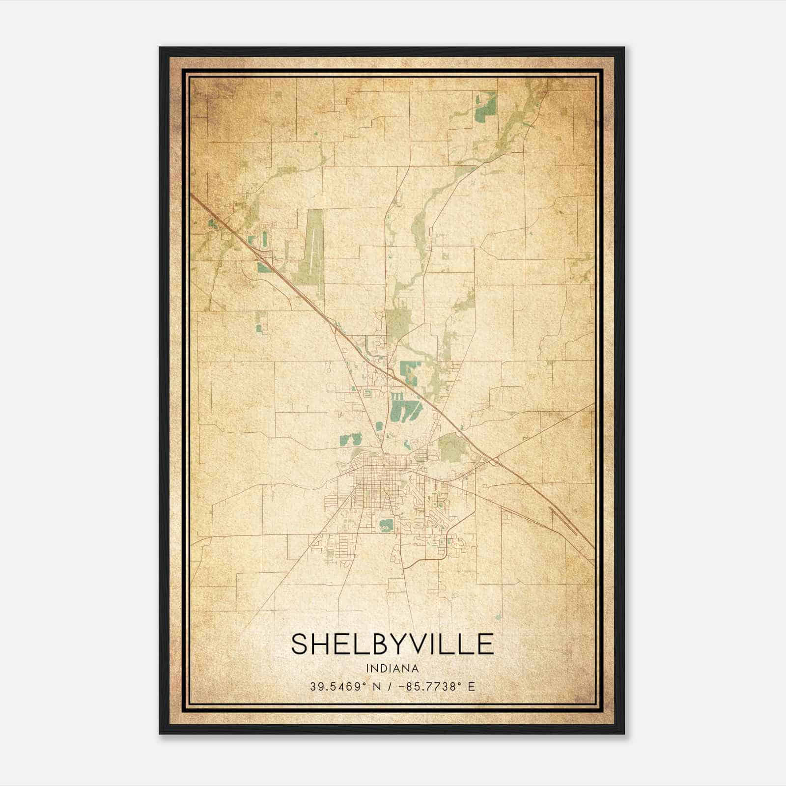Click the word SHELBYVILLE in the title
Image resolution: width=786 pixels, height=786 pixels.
coord(392,644)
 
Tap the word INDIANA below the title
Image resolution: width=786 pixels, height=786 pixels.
coord(392,669)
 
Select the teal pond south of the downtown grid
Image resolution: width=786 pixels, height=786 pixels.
coord(386,525)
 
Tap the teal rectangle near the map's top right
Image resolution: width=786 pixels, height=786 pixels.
coord(486,107)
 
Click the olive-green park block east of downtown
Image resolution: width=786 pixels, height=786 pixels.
coord(451,447)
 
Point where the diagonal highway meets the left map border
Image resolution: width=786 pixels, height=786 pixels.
coord(193,196)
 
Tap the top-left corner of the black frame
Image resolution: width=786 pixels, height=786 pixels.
coord(160,48)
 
